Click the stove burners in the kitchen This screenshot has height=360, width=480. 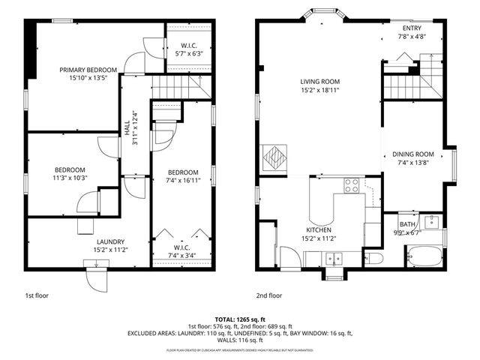pos(351,184)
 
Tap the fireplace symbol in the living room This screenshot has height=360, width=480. pos(275,159)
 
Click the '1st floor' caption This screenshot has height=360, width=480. pos(38,295)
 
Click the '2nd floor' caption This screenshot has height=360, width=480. pos(269,295)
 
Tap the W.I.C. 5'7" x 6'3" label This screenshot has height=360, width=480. pos(188,49)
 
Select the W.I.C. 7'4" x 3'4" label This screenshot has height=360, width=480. pos(182,251)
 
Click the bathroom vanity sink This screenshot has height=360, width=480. pos(432,221)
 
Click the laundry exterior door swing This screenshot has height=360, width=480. pos(97,280)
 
